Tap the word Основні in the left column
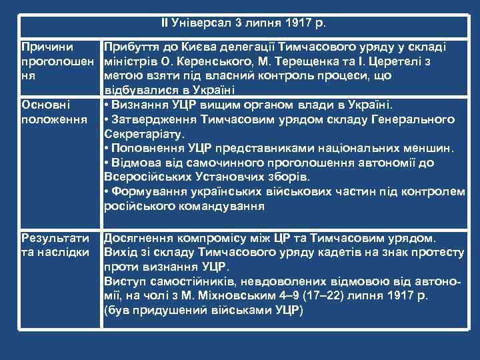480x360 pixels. (x=45, y=105)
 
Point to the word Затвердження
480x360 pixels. (x=153, y=119)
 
